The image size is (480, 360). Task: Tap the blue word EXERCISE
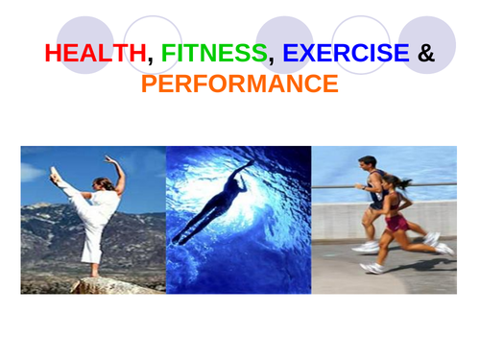pyautogui.click(x=346, y=53)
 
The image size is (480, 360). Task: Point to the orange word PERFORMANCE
pyautogui.click(x=239, y=84)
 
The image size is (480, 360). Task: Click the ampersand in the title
pyautogui.click(x=426, y=53)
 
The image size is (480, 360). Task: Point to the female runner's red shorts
pyautogui.click(x=396, y=224)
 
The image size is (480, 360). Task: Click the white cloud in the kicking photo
pyautogui.click(x=33, y=172)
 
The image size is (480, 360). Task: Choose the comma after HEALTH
pyautogui.click(x=150, y=60)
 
